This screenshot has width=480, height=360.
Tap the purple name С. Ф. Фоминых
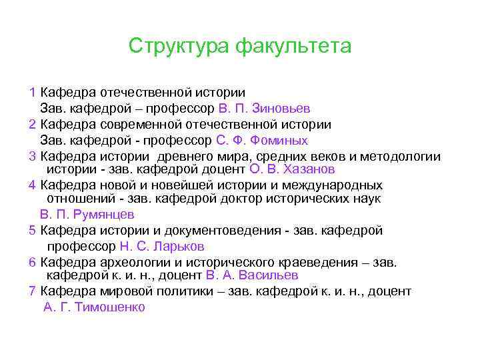coord(262,141)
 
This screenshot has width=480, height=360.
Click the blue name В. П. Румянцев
coord(87,215)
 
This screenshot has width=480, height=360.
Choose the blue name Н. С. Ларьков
coord(161,247)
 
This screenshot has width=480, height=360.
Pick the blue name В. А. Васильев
coord(252,275)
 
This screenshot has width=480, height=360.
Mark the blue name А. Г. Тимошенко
coord(94,307)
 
